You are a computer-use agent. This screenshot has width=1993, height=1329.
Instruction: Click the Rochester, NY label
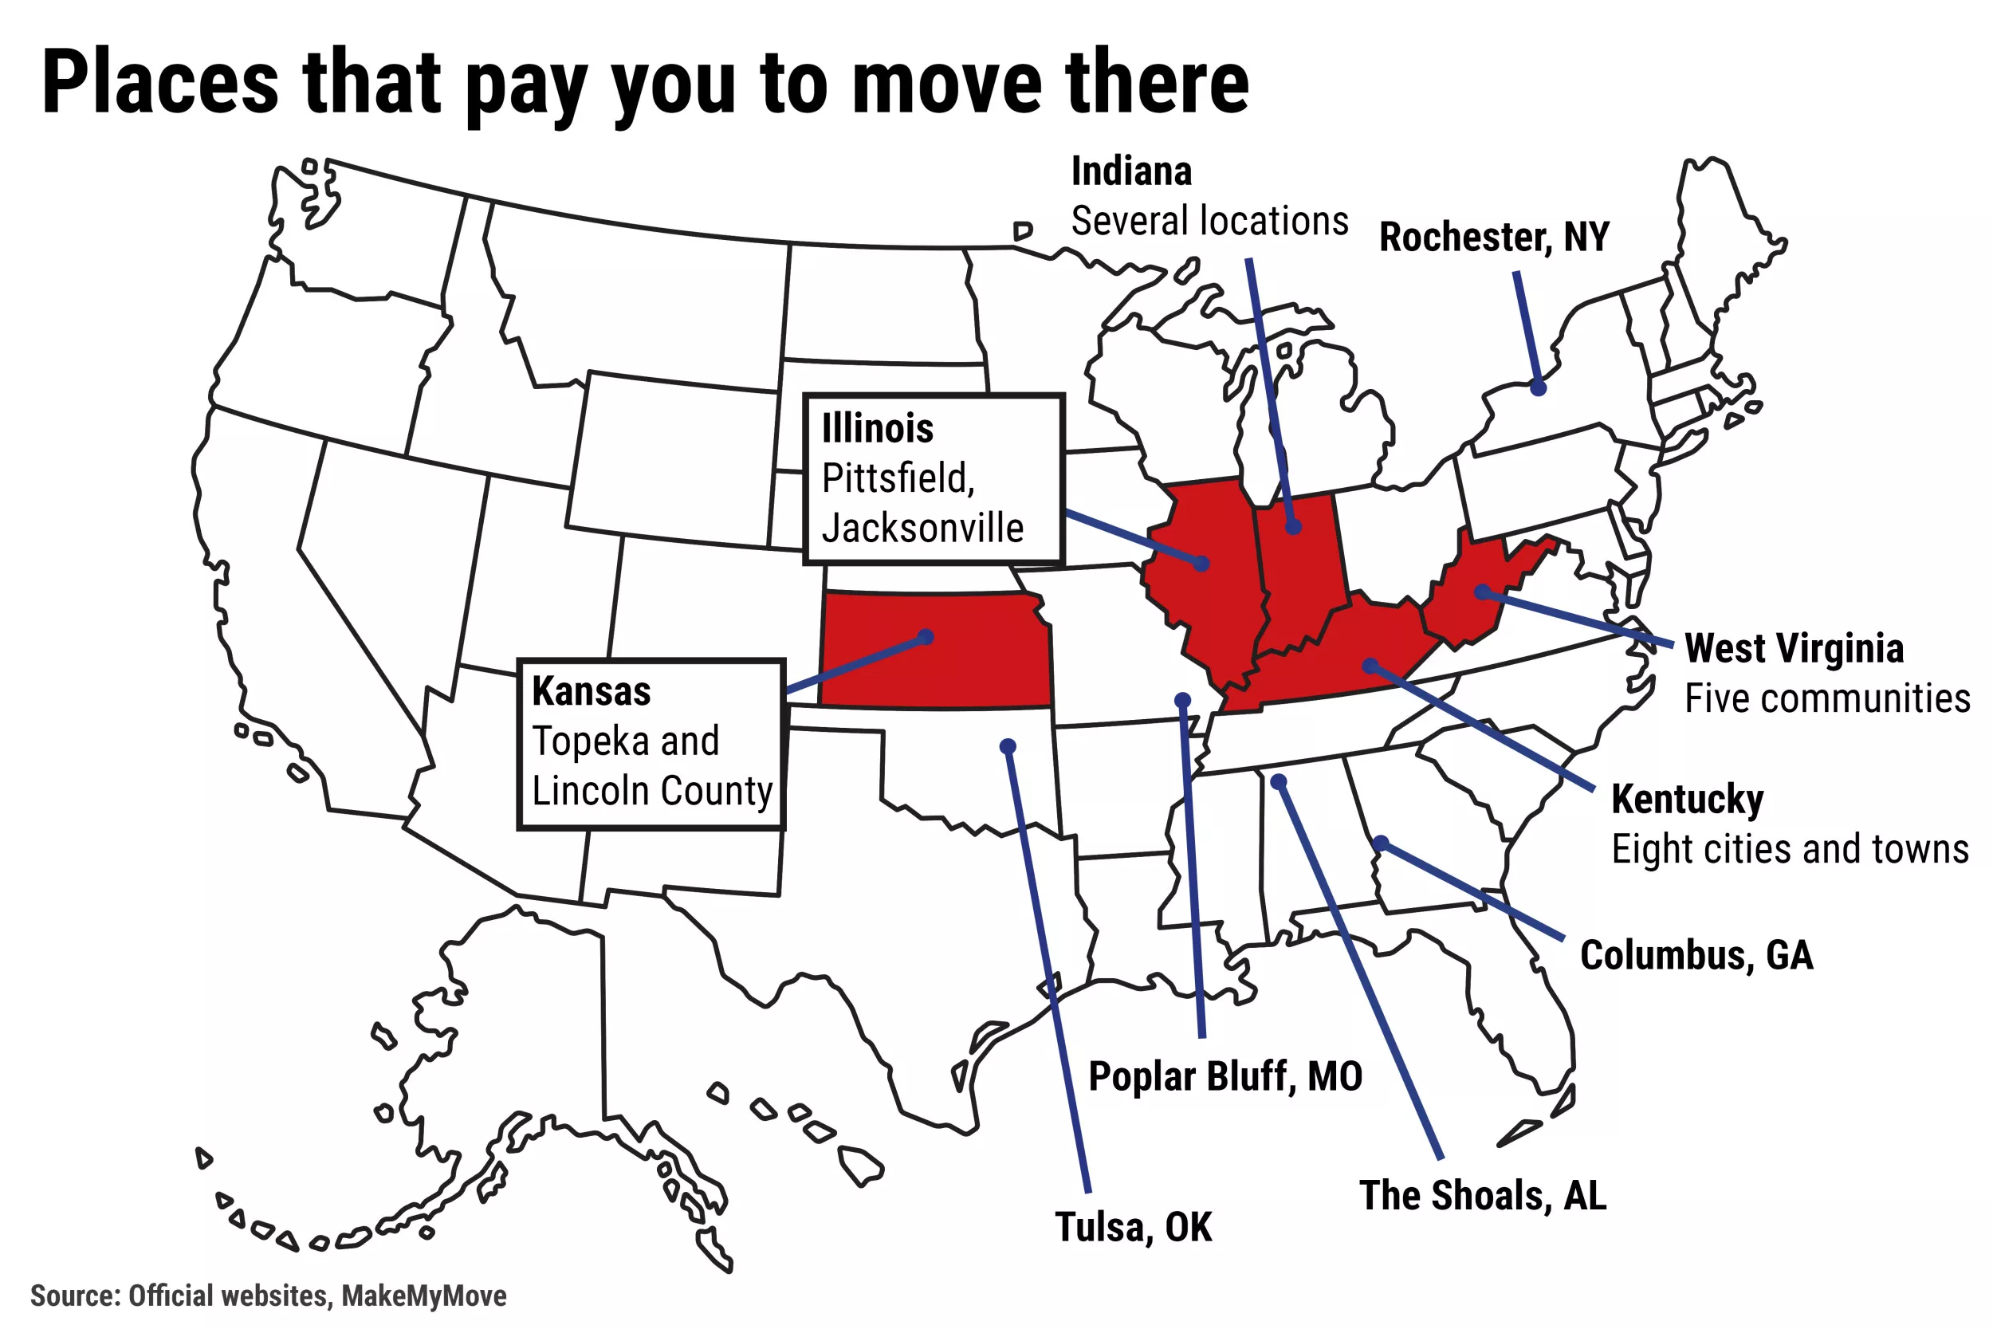1493,238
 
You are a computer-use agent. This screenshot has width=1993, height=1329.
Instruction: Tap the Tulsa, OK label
1133,1227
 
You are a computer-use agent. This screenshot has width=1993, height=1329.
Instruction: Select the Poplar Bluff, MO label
1225,1076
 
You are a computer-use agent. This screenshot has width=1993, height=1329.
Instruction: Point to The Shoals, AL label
1483,1196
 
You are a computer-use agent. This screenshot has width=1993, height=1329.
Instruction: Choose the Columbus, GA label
1696,955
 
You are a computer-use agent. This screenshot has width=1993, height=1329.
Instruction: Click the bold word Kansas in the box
592,690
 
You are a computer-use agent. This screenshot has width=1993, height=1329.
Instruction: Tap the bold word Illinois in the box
877,428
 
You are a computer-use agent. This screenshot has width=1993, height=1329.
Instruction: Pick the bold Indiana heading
1131,171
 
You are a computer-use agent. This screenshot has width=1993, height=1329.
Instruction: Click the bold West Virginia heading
1794,648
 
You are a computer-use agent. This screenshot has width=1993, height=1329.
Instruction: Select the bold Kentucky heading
1687,800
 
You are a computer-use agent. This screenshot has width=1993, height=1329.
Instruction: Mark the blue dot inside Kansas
926,636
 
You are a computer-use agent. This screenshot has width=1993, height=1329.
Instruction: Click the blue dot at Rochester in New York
1538,388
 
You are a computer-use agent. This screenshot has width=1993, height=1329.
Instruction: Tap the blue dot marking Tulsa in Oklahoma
1008,747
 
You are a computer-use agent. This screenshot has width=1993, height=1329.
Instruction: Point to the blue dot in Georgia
1381,843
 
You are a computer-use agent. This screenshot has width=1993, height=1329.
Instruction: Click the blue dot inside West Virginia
1482,592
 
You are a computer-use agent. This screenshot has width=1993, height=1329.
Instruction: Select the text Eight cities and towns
1790,849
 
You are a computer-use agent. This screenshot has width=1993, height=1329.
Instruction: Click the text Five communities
1827,699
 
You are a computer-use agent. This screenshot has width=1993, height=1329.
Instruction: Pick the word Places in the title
160,82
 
